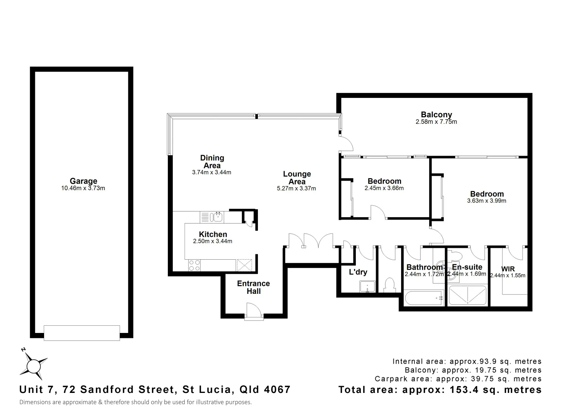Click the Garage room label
(83, 181)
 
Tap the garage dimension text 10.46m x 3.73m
(83, 188)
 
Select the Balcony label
(436, 115)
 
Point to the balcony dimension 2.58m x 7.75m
(436, 122)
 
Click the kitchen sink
(218, 217)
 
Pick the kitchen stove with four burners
(194, 265)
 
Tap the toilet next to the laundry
(389, 285)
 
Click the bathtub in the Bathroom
(424, 298)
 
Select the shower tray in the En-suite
(467, 295)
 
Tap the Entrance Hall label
(253, 287)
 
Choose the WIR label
(508, 269)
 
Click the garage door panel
(82, 333)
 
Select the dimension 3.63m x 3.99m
(487, 201)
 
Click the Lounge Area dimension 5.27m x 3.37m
(297, 188)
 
